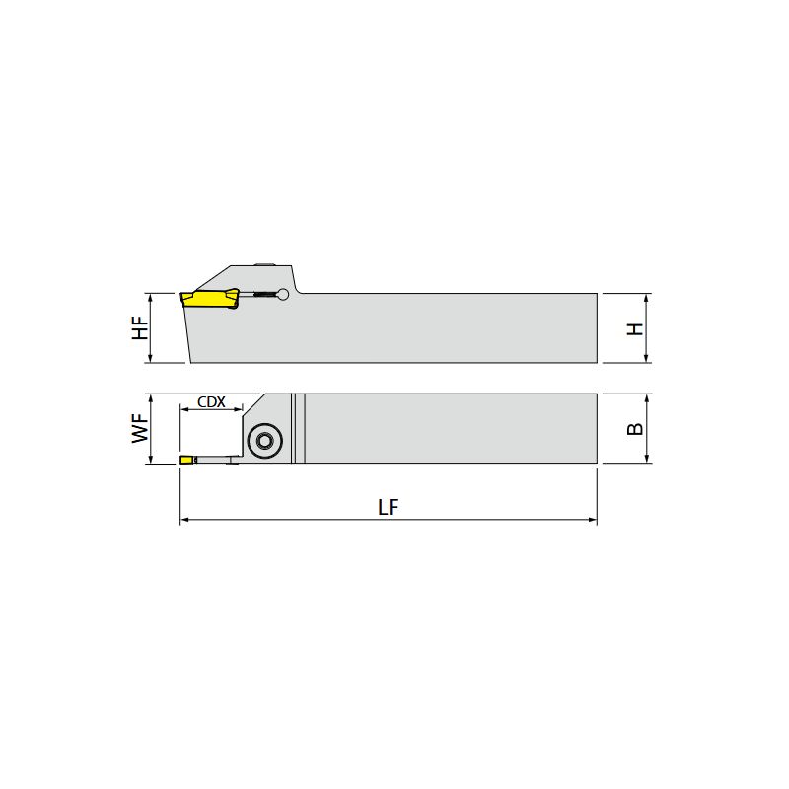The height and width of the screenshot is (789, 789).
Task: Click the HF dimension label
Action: [x=140, y=327]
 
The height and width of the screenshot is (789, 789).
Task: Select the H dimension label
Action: [x=635, y=329]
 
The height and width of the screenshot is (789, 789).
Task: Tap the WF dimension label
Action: [x=140, y=428]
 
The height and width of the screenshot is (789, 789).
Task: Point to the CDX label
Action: [x=211, y=402]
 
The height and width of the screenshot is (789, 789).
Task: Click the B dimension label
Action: [x=635, y=429]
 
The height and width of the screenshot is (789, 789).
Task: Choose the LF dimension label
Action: [x=389, y=507]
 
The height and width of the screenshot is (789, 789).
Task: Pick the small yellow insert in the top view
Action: [x=187, y=460]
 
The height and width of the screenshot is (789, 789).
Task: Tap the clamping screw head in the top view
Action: [x=264, y=441]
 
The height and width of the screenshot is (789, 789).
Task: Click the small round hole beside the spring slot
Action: [x=283, y=294]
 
